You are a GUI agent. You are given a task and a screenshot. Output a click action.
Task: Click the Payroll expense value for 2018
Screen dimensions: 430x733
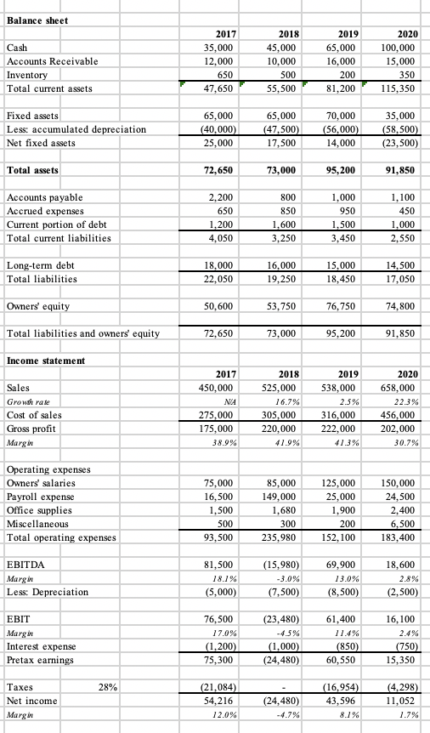pos(285,494)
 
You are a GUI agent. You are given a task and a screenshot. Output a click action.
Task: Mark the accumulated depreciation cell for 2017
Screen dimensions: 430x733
pos(218,129)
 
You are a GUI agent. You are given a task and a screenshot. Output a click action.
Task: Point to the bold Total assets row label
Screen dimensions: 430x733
pos(32,170)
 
